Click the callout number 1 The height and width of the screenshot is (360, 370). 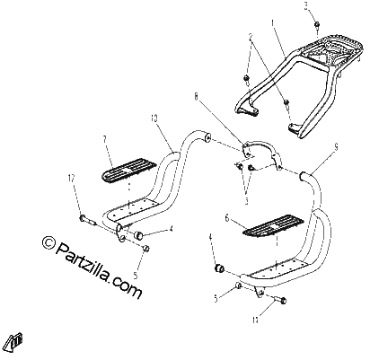(x=272, y=22)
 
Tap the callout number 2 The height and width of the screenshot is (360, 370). (x=251, y=37)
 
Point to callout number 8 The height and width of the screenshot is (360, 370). (x=196, y=97)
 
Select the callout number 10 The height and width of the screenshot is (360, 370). (x=154, y=119)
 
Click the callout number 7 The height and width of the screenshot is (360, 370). (x=104, y=139)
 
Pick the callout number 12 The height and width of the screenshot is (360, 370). (x=71, y=179)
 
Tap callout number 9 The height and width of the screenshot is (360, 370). (x=336, y=146)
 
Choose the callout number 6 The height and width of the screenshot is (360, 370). (x=227, y=218)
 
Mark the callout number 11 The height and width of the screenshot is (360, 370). (x=255, y=320)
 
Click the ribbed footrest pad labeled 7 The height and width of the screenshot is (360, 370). (x=129, y=171)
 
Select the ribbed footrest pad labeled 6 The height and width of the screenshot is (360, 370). (x=273, y=225)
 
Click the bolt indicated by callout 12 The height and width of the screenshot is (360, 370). (x=87, y=221)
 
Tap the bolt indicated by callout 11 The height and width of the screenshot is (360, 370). (x=279, y=299)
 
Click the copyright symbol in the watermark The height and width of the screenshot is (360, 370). (x=48, y=242)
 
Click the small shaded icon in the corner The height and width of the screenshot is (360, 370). (x=17, y=341)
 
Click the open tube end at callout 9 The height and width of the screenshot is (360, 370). (x=302, y=175)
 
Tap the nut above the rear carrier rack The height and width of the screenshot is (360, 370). (x=316, y=24)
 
